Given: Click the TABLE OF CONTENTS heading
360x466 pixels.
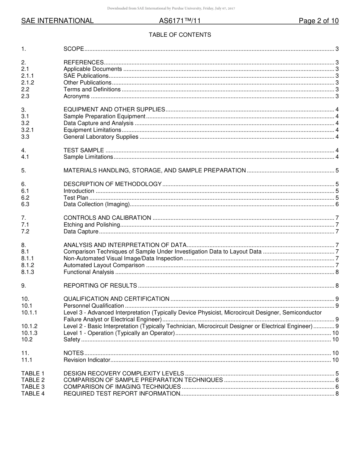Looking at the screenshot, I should [180, 35].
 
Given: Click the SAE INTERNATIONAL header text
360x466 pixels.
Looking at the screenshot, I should [57, 21].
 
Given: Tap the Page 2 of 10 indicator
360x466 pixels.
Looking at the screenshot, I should [318, 21].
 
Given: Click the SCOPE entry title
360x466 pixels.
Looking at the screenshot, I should [74, 49].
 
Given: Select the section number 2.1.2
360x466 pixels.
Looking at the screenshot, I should [28, 83].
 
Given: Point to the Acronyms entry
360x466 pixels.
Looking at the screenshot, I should [76, 96].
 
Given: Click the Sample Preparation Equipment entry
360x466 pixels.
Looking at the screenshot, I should [104, 116].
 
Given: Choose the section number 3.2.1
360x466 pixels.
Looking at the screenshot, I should [28, 130].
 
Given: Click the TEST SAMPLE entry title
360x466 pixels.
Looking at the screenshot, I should [83, 150].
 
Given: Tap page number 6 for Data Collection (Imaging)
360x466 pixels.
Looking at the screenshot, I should [337, 205].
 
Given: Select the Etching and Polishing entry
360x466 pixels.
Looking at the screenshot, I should [91, 225].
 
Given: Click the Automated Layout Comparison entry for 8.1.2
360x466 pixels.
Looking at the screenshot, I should [104, 265].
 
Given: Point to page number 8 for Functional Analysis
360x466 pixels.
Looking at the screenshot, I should [337, 272].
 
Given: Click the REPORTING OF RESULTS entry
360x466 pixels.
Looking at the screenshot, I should [100, 286].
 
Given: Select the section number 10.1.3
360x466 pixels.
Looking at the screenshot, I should [29, 333].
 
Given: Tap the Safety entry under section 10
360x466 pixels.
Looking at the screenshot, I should [72, 340].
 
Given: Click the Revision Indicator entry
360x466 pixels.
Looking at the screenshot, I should [87, 360].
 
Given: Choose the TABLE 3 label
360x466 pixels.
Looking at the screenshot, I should [33, 387].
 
